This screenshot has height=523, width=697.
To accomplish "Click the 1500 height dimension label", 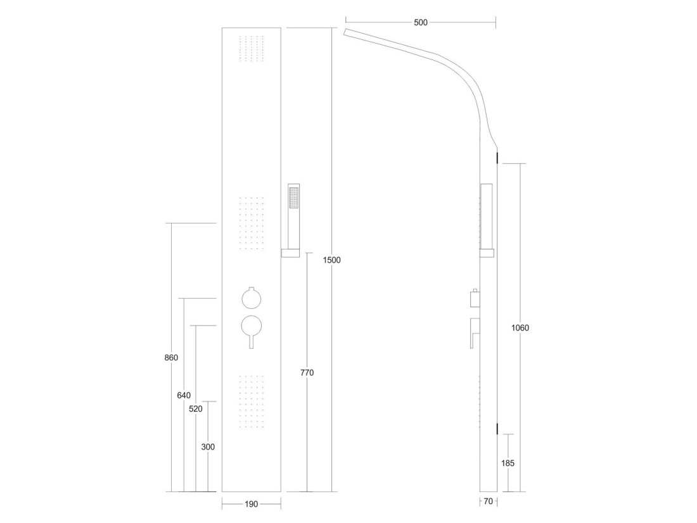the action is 331,260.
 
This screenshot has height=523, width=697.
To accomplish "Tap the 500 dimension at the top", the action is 421,22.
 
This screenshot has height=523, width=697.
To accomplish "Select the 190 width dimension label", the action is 251,504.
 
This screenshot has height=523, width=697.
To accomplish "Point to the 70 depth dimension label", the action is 488,501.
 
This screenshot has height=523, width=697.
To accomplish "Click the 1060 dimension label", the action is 520,328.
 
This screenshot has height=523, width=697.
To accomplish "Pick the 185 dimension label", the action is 508,463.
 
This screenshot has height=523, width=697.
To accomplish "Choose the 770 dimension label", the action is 307,373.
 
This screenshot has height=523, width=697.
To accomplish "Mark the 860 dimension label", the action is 171,358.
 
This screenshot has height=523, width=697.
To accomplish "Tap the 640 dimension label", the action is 184,396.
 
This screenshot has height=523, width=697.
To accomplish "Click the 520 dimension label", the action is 196,409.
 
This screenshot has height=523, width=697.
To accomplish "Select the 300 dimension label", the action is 208,447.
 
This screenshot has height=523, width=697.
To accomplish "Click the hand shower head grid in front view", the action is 294,198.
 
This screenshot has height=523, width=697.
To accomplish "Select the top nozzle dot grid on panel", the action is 252,48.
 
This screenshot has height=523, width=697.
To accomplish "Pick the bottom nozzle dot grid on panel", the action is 252,402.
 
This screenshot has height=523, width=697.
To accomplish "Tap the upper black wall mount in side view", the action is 497,157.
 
